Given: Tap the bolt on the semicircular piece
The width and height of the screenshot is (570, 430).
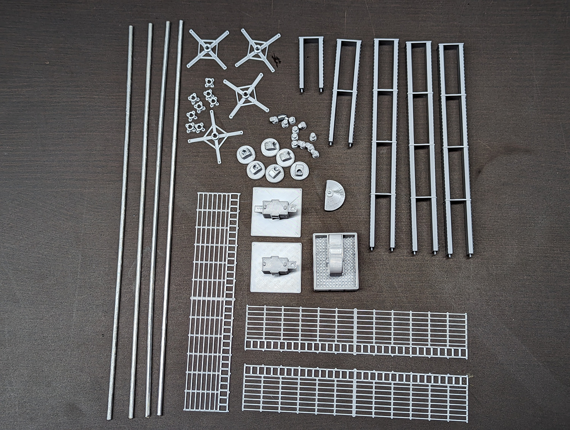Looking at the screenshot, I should pyautogui.click(x=330, y=192).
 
